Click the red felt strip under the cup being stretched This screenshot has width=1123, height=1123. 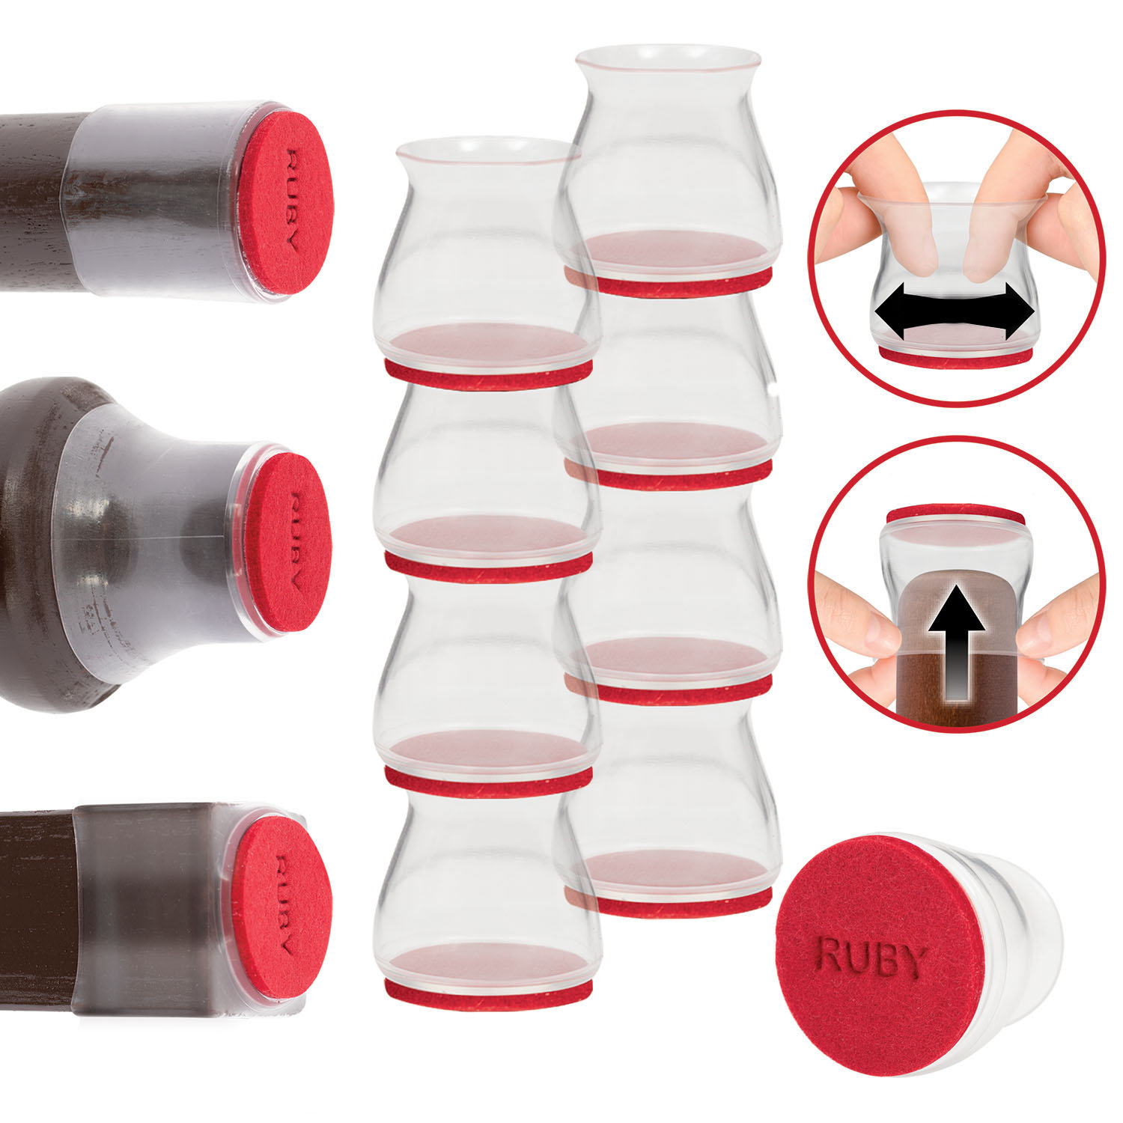coord(955,358)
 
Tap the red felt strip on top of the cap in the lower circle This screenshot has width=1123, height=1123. coord(955,515)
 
